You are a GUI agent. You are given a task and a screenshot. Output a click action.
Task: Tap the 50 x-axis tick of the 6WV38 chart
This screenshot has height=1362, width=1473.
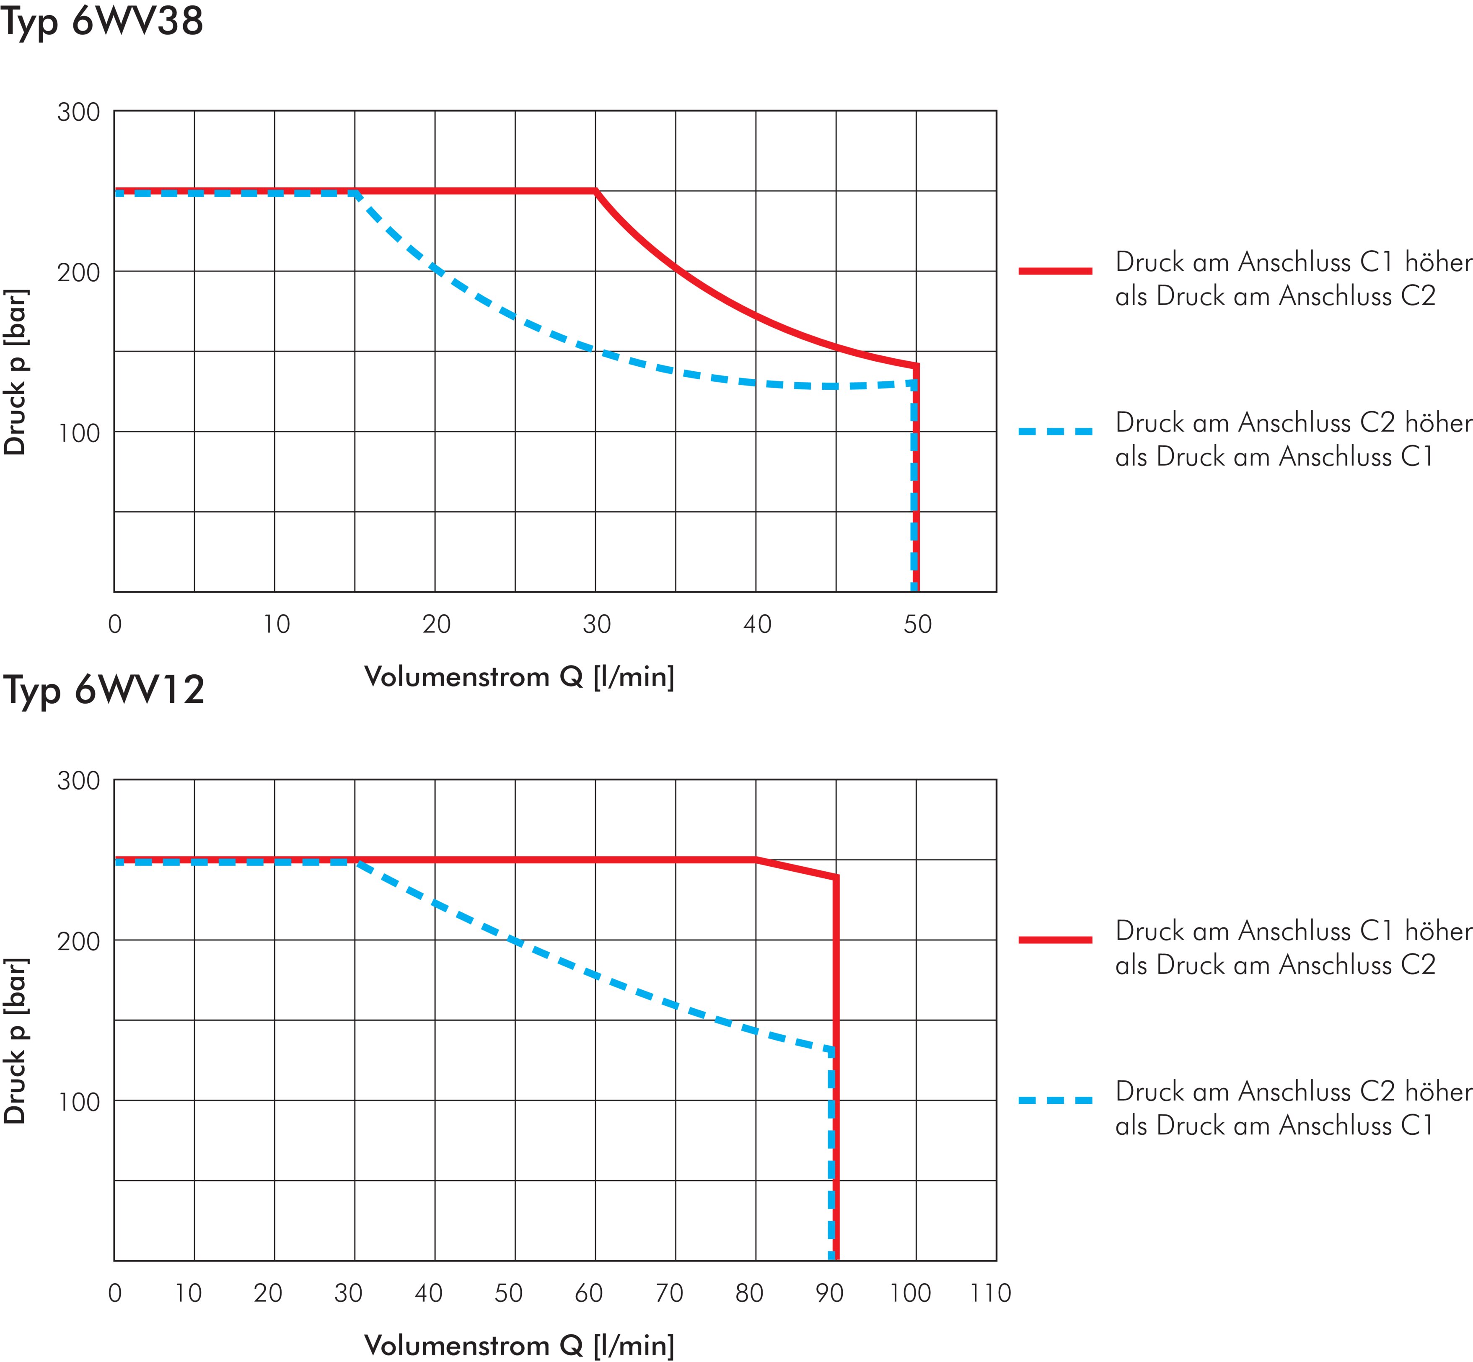pyautogui.click(x=917, y=624)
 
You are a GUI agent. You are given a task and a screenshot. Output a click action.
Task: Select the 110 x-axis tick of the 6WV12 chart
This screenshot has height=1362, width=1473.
pyautogui.click(x=990, y=1293)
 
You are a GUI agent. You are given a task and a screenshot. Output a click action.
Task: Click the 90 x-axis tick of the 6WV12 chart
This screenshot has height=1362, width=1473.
pyautogui.click(x=830, y=1293)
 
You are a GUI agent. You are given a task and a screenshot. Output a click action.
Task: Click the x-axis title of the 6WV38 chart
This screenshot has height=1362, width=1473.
pyautogui.click(x=519, y=676)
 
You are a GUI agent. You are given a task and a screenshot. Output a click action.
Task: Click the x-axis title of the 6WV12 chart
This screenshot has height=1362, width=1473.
pyautogui.click(x=519, y=1345)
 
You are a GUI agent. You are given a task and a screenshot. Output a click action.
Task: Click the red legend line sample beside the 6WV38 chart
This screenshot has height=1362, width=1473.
pyautogui.click(x=1055, y=271)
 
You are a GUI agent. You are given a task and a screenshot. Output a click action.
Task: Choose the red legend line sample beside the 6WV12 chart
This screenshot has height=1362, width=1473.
pyautogui.click(x=1055, y=940)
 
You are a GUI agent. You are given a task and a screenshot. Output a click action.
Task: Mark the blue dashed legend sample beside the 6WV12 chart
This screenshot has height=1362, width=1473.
pyautogui.click(x=1055, y=1100)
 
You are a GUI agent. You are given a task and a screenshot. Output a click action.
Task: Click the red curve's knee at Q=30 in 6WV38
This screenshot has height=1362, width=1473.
pyautogui.click(x=595, y=192)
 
